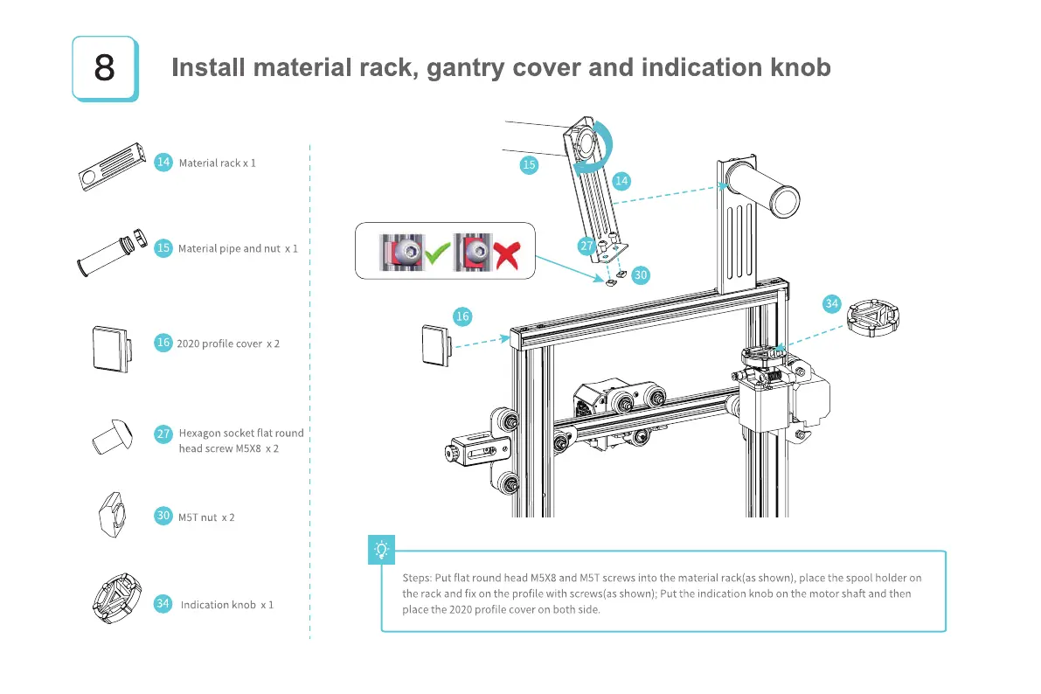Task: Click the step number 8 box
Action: click(104, 67)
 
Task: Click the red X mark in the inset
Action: click(504, 254)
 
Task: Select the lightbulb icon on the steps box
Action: click(382, 549)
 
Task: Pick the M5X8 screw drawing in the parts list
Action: click(113, 435)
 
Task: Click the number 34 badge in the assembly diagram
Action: click(832, 303)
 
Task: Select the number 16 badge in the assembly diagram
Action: click(462, 316)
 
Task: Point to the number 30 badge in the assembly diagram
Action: click(641, 274)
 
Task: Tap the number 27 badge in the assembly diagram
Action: click(587, 246)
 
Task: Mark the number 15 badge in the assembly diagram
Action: click(528, 164)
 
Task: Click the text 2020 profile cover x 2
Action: click(228, 344)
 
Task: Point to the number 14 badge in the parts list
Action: click(163, 162)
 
